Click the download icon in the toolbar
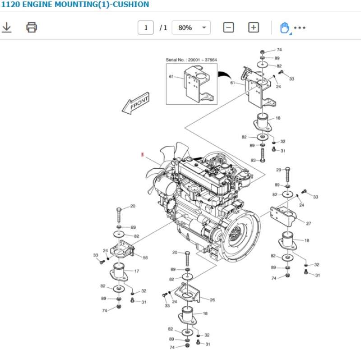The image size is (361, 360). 7,28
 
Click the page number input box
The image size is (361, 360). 146,28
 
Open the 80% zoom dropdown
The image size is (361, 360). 192,28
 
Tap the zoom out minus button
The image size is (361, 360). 229,28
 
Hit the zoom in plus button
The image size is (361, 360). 254,28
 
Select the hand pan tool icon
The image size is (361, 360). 284,28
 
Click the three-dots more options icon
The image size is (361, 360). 300,28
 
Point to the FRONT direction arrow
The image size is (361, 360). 136,104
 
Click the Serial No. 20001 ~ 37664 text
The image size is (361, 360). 191,60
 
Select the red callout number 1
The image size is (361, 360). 143,155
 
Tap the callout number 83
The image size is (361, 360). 253,160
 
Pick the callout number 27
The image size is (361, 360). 309,223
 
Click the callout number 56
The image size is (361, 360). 145,258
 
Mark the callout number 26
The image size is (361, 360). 212,300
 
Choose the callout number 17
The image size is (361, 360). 136,271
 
